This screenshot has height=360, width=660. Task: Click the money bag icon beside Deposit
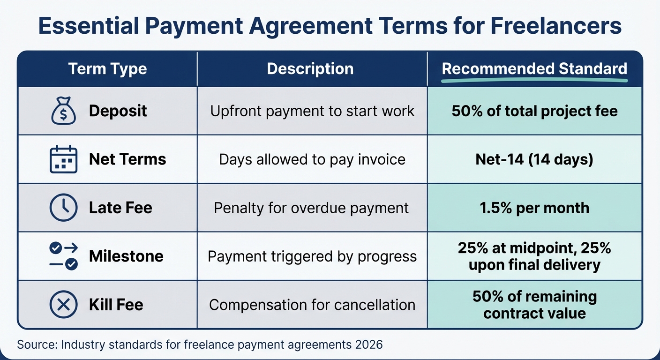pos(63,111)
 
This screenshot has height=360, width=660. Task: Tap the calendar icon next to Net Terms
pos(63,159)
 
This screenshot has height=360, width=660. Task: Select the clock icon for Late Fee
pos(63,208)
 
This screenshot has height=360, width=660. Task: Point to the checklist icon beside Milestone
pos(64,256)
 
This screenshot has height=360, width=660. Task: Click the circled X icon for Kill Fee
pos(63,305)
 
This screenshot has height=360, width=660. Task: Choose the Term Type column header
pos(107,69)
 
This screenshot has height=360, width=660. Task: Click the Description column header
pos(310,69)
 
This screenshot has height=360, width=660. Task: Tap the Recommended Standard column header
pos(534,69)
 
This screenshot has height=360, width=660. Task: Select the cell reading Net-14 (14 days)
pos(534,159)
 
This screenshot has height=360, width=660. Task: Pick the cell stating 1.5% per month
pos(534,208)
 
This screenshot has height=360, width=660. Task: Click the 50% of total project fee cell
pos(534,111)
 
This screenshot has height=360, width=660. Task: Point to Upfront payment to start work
pos(312,111)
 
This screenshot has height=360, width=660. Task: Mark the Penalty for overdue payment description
pos(311,208)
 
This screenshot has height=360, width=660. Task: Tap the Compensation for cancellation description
pos(312,305)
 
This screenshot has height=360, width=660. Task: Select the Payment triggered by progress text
pos(312,256)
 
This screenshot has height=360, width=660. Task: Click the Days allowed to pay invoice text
pos(312,159)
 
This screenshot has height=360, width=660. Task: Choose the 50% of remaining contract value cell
pos(534,305)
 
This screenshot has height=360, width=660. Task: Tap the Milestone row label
pos(126,256)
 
